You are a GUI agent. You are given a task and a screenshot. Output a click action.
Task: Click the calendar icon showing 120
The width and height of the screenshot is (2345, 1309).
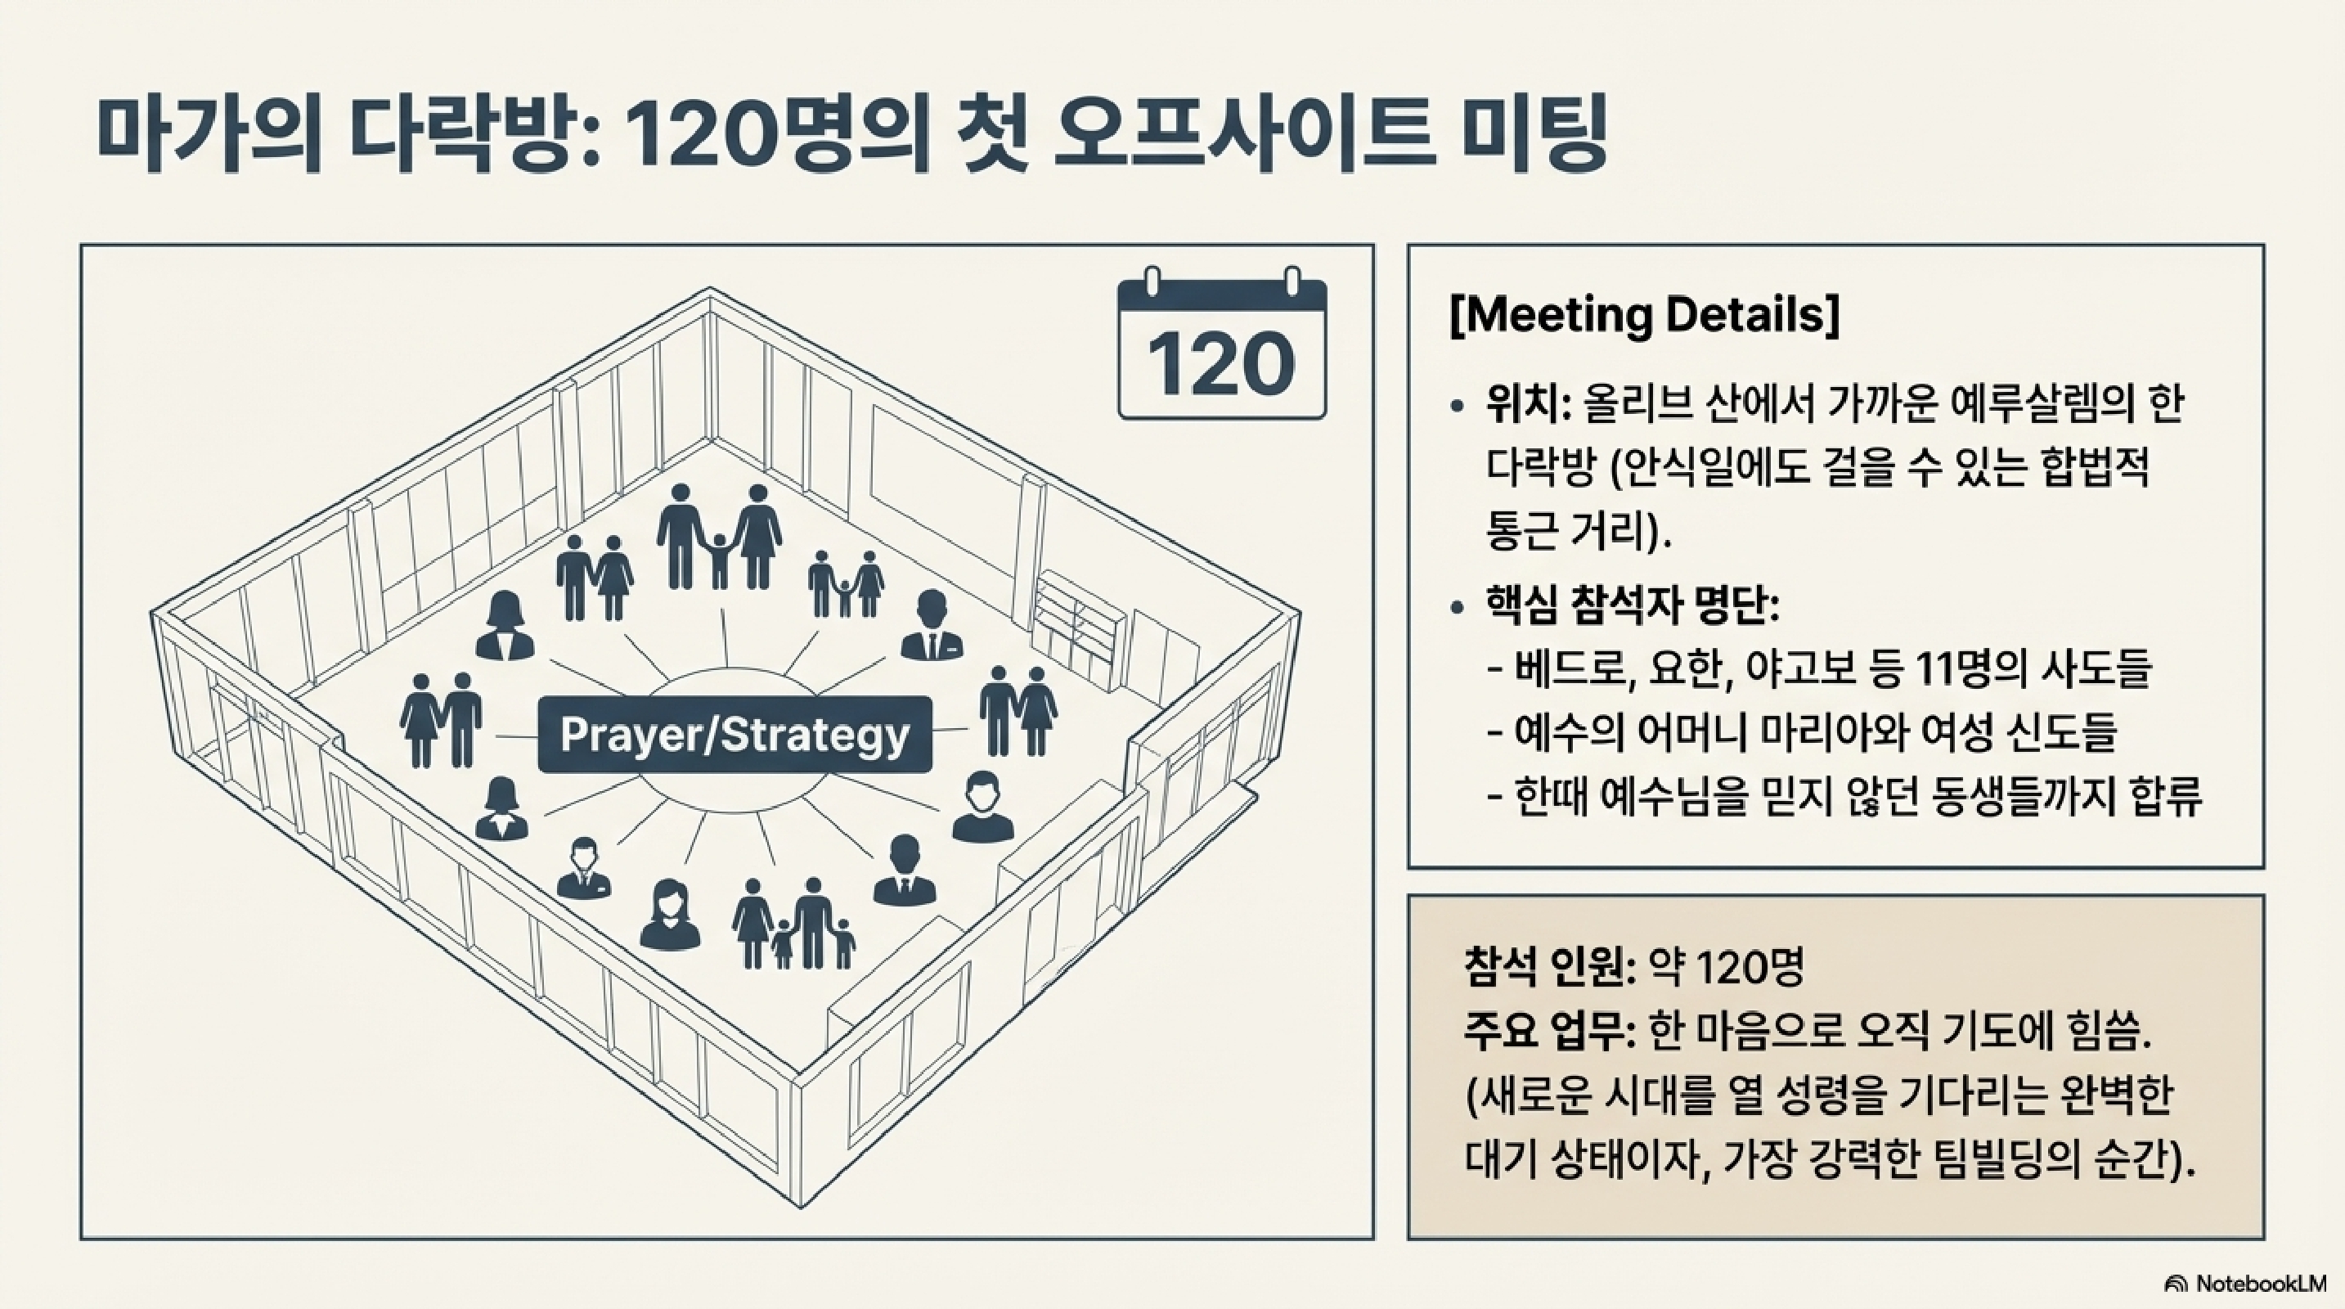[1222, 350]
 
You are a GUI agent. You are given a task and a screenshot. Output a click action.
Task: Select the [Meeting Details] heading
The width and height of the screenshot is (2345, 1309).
[1644, 315]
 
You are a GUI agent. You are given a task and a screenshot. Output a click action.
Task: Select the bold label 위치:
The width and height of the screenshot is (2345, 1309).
[1529, 403]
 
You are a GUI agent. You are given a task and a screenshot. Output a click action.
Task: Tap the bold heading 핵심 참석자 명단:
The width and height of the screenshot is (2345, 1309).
[1631, 605]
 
